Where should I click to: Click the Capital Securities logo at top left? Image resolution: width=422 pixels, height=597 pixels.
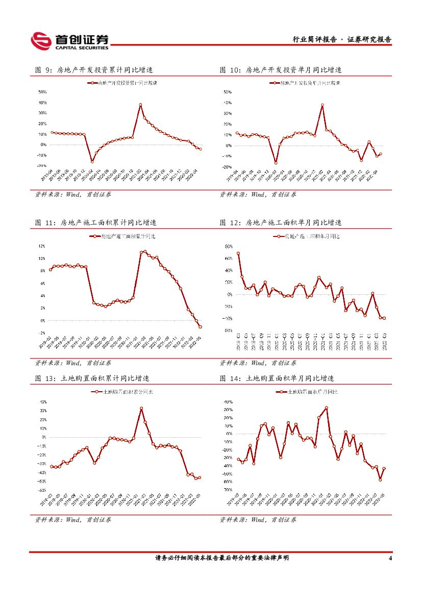[x=69, y=41]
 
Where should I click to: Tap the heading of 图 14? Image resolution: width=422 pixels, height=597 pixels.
[x=277, y=378]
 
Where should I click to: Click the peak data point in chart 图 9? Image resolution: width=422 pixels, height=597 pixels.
[x=140, y=105]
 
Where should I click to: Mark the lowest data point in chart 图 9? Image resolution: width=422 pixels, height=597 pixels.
[x=92, y=161]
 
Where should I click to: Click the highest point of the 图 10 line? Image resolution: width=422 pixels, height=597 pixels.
[x=322, y=105]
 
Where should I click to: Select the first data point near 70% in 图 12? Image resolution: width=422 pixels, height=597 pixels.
[x=238, y=253]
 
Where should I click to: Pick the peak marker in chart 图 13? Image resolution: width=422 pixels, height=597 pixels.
[x=141, y=409]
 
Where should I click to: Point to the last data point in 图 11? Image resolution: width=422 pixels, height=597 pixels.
[x=201, y=327]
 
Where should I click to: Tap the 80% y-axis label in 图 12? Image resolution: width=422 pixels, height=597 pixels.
[x=228, y=246]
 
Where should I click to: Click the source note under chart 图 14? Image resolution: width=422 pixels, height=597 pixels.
[x=258, y=519]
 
